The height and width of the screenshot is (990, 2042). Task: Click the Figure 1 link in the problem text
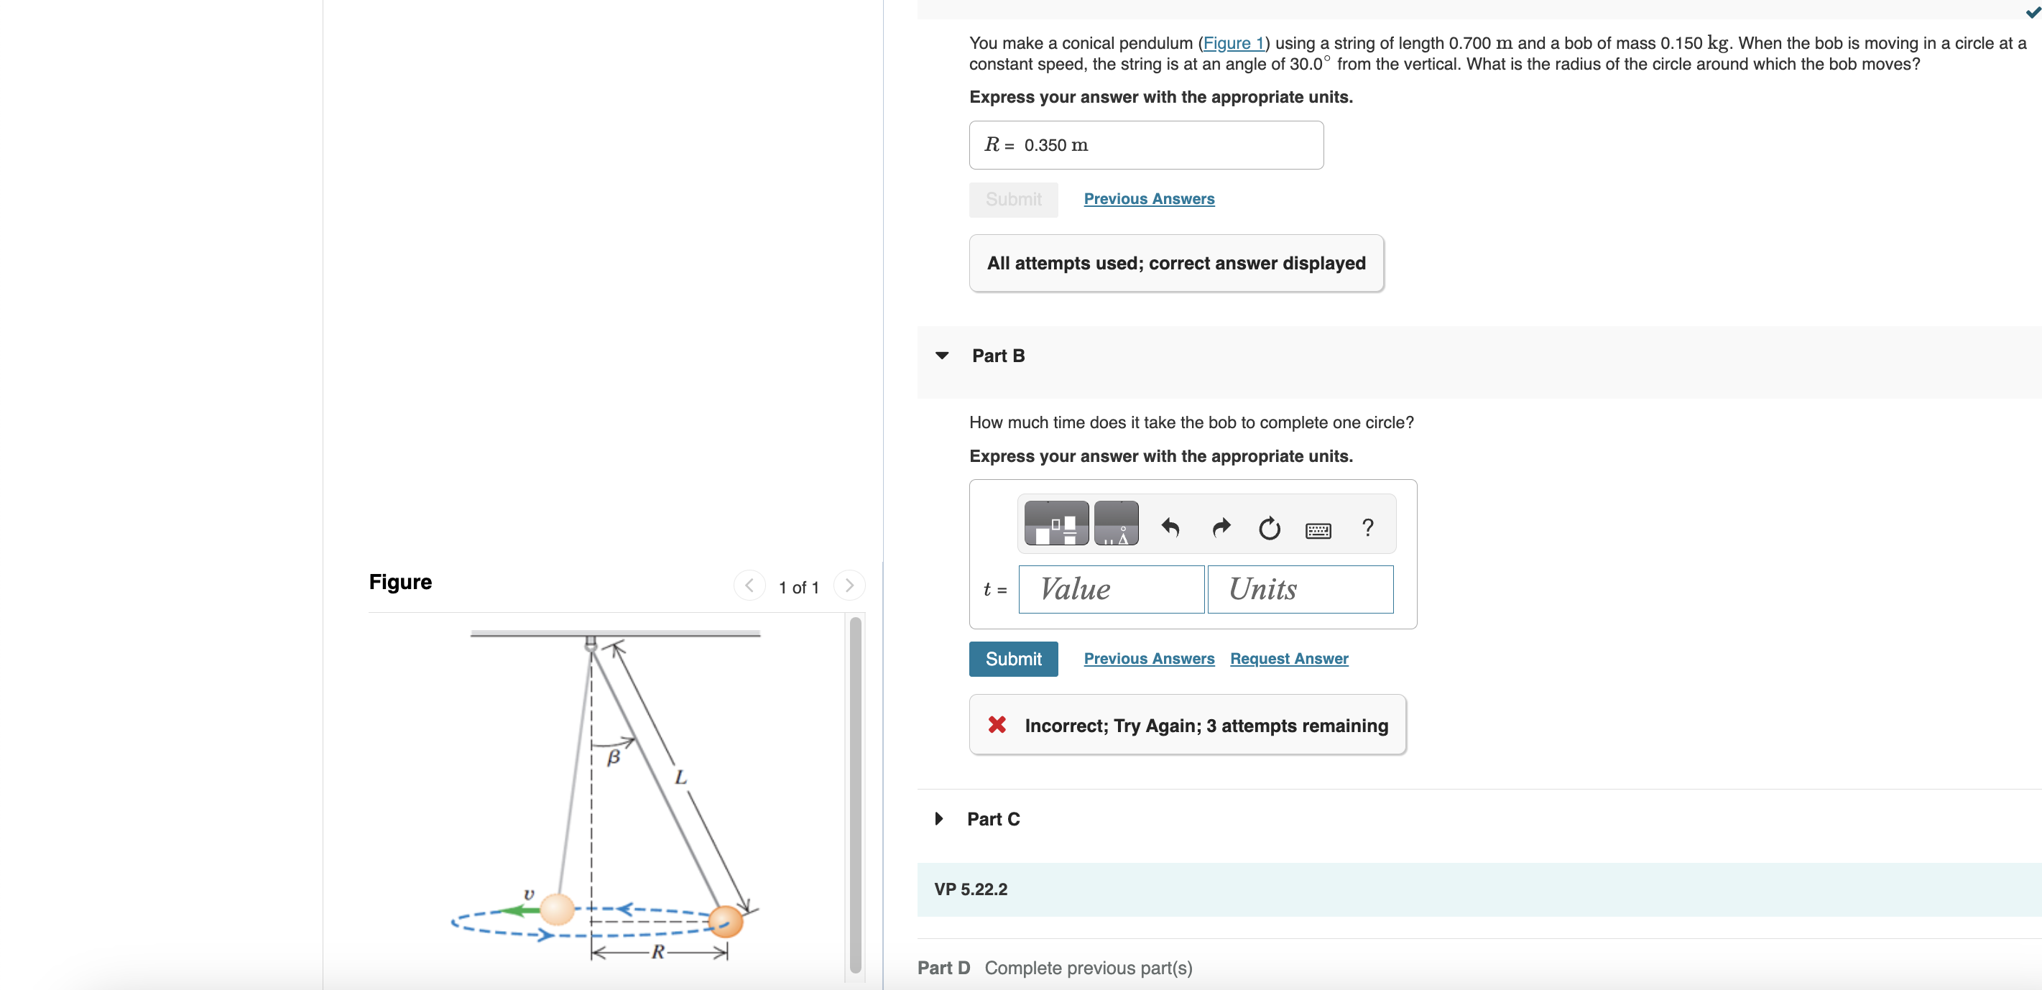[x=1233, y=44]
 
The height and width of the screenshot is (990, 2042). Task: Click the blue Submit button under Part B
[x=1012, y=659]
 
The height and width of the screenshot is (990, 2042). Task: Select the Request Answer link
[x=1288, y=659]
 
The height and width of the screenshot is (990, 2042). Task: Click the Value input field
[x=1111, y=589]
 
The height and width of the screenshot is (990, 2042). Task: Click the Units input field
[x=1299, y=589]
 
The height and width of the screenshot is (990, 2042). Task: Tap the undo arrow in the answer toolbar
[x=1170, y=527]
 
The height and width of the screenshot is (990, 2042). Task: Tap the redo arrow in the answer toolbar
[x=1221, y=527]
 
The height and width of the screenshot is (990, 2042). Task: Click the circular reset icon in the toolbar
[x=1269, y=528]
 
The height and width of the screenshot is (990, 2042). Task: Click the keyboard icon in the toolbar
[x=1318, y=530]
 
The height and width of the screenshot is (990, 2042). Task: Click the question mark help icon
[x=1367, y=527]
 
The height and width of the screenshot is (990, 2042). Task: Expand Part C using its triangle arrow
[x=938, y=819]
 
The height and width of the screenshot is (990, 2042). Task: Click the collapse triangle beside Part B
[x=942, y=356]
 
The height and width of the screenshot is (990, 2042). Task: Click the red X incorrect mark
[x=997, y=724]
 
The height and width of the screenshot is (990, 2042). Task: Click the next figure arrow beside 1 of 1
[x=849, y=586]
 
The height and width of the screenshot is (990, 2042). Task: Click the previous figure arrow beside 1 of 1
[x=749, y=586]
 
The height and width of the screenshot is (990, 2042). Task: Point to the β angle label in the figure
[x=613, y=758]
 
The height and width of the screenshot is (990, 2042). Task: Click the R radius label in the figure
[x=657, y=952]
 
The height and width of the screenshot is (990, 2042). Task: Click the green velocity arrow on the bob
[x=519, y=911]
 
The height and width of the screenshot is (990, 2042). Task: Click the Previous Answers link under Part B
[x=1149, y=659]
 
